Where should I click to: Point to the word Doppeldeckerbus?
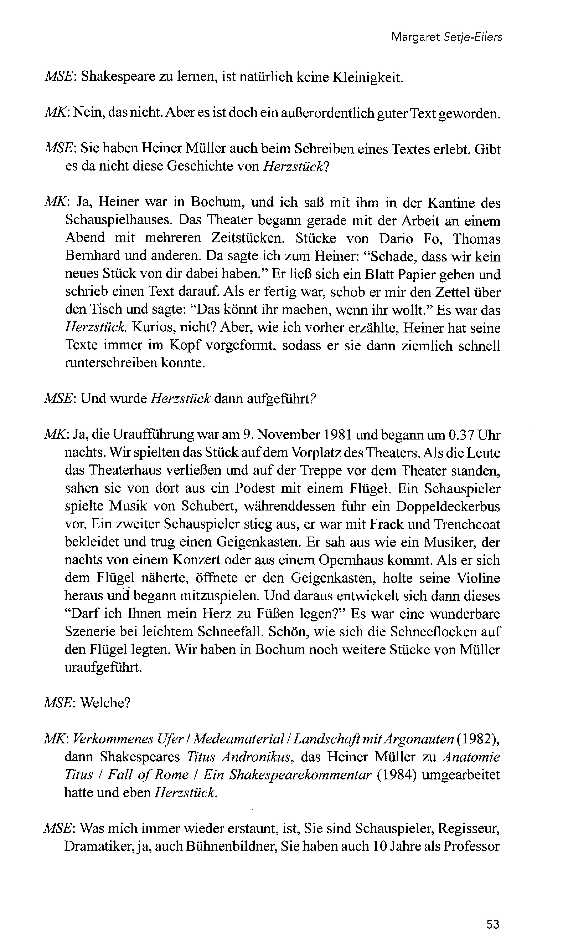tap(448, 506)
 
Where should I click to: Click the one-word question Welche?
tap(106, 703)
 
